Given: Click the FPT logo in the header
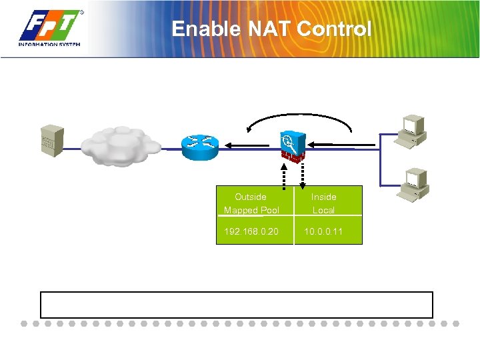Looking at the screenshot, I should pyautogui.click(x=51, y=28).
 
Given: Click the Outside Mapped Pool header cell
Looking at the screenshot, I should pyautogui.click(x=251, y=203).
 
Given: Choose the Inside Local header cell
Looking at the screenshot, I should pyautogui.click(x=324, y=203).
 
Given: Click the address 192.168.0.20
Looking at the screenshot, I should pyautogui.click(x=251, y=231).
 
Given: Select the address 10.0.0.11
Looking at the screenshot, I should pyautogui.click(x=324, y=231).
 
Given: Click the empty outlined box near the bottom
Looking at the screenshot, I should pyautogui.click(x=237, y=305).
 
